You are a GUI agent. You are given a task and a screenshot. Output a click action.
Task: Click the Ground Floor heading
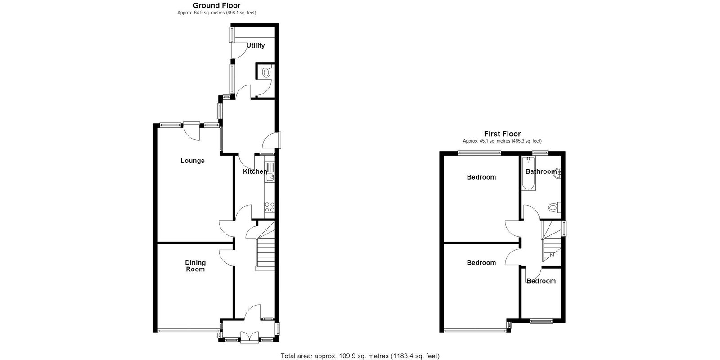click(216, 5)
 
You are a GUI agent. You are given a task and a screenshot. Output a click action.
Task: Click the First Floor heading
click(502, 134)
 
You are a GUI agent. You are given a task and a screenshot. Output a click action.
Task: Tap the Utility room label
click(256, 45)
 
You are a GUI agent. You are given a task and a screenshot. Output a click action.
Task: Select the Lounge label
click(193, 161)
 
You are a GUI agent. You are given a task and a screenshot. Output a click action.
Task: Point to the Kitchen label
click(255, 171)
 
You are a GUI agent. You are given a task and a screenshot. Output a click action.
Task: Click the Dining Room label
click(195, 266)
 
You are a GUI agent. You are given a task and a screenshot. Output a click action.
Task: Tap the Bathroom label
click(541, 171)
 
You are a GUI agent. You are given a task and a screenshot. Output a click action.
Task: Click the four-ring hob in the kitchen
click(270, 207)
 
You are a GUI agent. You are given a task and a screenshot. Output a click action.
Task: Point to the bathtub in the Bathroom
click(528, 174)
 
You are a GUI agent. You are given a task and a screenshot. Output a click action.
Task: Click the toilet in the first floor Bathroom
click(554, 207)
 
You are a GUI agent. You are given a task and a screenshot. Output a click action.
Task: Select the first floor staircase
click(552, 241)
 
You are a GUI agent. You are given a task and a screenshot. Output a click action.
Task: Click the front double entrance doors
click(249, 337)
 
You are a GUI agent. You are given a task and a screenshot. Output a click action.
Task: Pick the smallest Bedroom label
click(541, 281)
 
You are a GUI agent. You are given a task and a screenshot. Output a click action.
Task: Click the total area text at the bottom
click(360, 356)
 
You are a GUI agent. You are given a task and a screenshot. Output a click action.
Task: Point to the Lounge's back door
click(192, 131)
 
